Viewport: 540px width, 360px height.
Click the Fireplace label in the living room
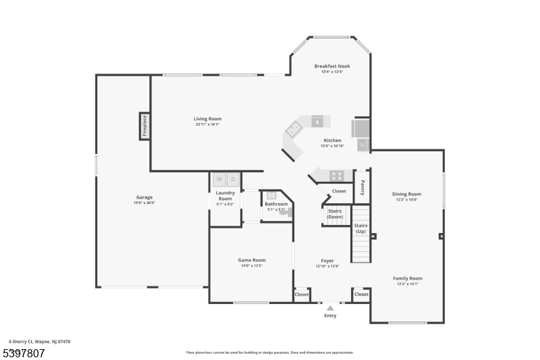144,126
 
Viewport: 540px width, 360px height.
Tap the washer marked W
219,180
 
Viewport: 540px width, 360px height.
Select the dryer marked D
234,180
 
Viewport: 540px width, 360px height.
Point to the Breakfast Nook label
332,66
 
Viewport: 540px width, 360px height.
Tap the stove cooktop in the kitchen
335,176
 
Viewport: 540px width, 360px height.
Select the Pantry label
362,187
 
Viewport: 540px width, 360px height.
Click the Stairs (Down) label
335,213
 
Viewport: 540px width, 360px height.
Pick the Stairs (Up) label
360,228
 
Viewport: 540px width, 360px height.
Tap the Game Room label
251,260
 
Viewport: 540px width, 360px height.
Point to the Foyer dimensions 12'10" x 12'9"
327,266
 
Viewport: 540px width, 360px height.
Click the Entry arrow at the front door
330,308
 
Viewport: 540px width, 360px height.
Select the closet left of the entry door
302,294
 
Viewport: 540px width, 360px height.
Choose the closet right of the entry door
361,294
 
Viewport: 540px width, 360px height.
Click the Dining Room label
406,194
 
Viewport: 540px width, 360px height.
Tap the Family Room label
408,278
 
